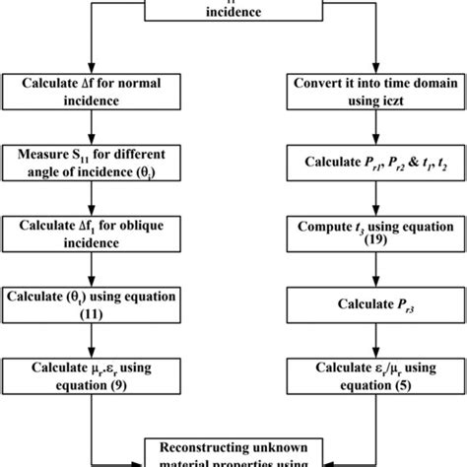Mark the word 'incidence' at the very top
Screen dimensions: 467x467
tap(233, 13)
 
